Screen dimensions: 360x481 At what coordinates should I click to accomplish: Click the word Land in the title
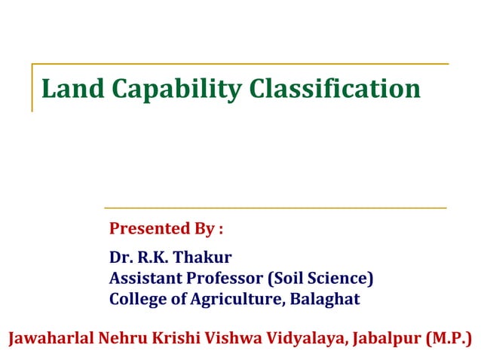pyautogui.click(x=66, y=89)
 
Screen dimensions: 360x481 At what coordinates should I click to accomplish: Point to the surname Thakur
pyautogui.click(x=204, y=258)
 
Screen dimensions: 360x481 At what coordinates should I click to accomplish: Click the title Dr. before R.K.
pyautogui.click(x=121, y=258)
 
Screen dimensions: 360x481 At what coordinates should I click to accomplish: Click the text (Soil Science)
pyautogui.click(x=321, y=279)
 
